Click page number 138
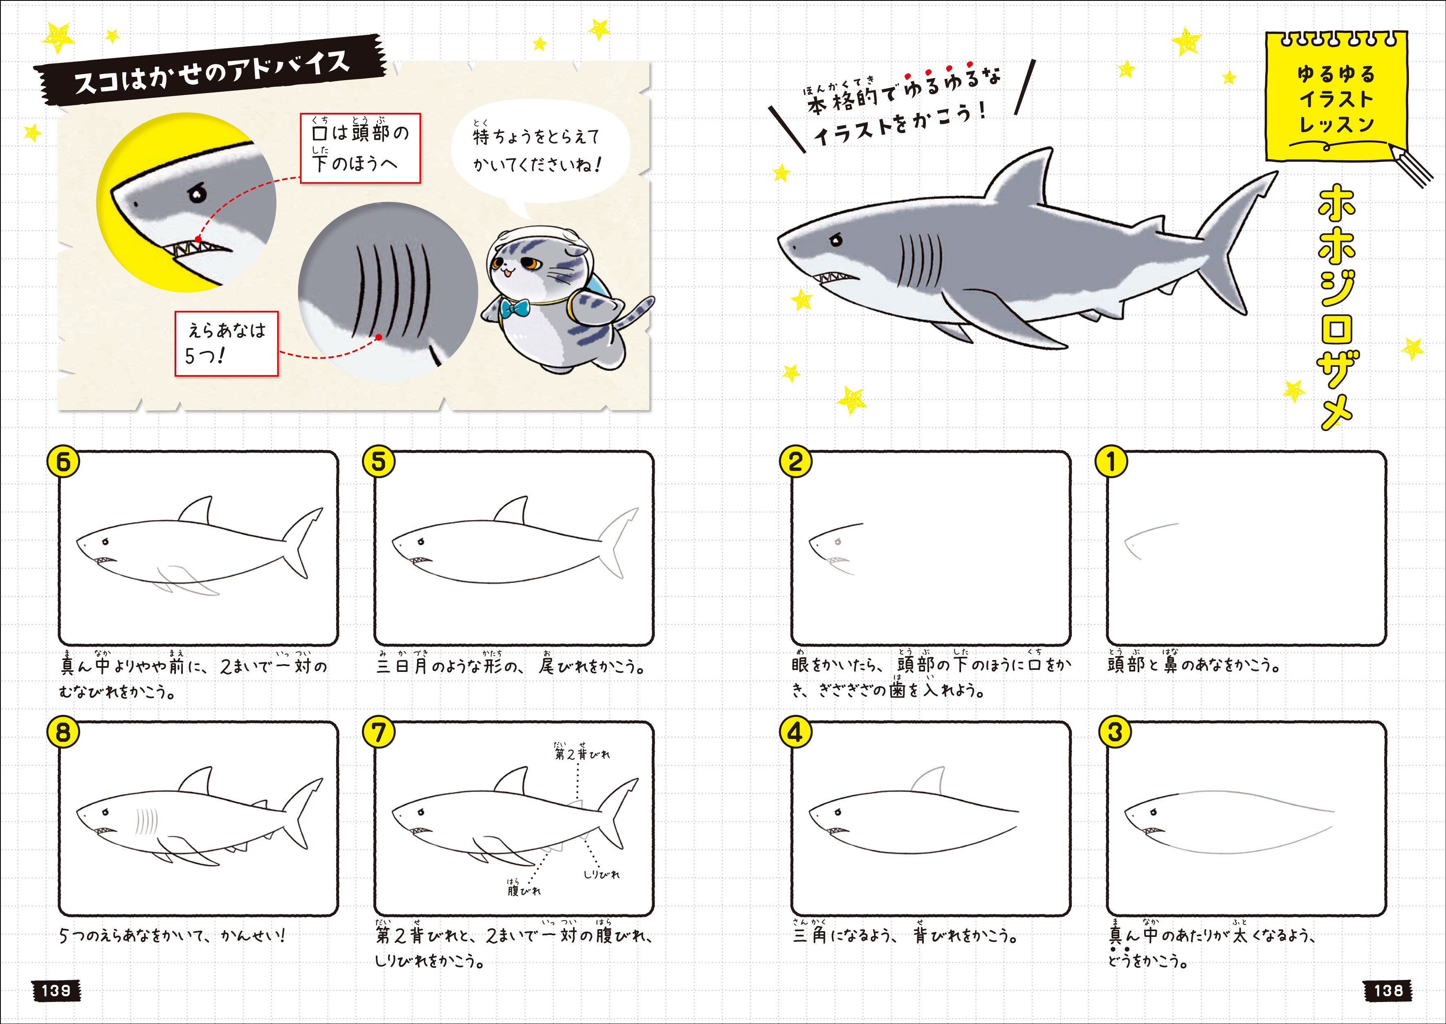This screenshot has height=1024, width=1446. point(1389,990)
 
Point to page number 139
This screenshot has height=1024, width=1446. point(56,990)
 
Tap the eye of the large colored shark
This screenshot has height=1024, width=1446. point(836,240)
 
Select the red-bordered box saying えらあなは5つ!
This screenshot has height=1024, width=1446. point(226,344)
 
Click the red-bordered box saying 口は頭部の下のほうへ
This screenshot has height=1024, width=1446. point(360,148)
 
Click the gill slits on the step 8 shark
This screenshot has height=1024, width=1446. point(147,822)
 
